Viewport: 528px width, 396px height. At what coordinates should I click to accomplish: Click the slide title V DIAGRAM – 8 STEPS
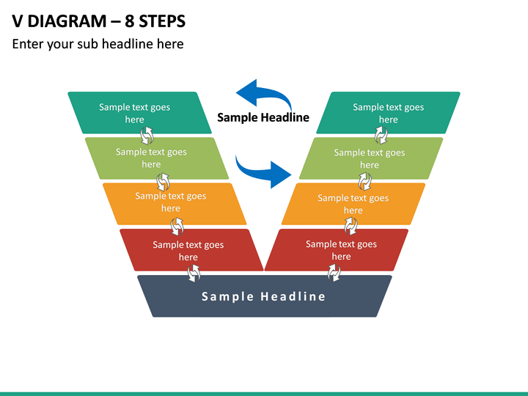point(99,21)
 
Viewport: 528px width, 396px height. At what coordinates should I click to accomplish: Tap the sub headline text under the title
point(98,44)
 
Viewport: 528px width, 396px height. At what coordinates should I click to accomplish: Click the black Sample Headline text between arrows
point(263,117)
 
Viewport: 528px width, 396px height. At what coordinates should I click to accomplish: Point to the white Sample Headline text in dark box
point(263,296)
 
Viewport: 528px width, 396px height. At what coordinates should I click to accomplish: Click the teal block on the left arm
point(140,113)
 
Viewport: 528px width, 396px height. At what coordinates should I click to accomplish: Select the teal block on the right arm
point(388,113)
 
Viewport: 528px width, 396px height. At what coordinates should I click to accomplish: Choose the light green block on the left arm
point(157,158)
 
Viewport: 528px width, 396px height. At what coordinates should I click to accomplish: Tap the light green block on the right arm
point(371,158)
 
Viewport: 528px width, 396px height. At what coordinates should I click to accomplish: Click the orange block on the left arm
point(175,204)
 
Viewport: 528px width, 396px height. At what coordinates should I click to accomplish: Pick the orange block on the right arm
point(353,204)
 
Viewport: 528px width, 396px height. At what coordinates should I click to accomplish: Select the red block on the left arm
point(191,250)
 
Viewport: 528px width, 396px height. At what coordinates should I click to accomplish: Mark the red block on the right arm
point(337,250)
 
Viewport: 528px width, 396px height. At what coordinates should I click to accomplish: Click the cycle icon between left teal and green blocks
point(147,136)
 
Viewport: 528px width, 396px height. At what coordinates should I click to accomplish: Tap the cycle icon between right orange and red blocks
point(351,226)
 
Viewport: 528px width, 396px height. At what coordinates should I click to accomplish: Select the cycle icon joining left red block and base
point(194,273)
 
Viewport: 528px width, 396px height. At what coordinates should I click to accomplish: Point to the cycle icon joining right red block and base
point(334,272)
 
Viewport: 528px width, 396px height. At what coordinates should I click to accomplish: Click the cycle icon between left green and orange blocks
point(163,182)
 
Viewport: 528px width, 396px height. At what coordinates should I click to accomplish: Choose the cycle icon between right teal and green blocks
point(381,135)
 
